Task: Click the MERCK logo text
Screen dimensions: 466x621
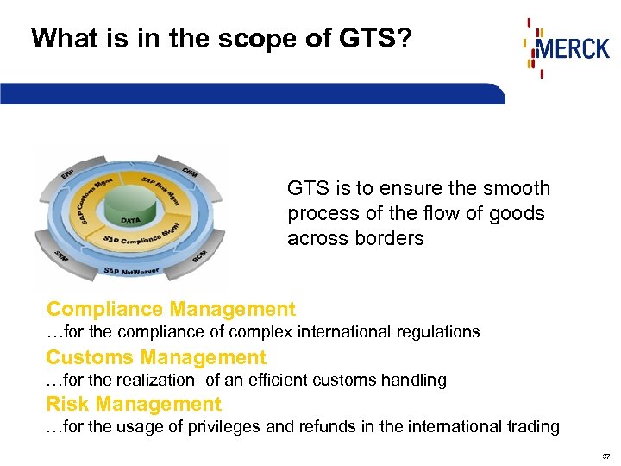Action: (573, 47)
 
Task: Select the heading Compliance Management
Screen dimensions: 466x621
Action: (171, 309)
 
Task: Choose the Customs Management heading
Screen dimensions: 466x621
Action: (156, 357)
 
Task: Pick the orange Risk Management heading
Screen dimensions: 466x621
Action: (134, 404)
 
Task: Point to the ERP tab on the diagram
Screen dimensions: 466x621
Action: (67, 176)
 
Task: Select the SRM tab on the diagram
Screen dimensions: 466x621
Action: (61, 255)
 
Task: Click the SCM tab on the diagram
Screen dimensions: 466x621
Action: (199, 256)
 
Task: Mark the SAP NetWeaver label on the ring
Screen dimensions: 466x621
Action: (130, 271)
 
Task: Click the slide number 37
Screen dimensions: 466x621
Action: (605, 457)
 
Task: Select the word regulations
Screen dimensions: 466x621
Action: (436, 331)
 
